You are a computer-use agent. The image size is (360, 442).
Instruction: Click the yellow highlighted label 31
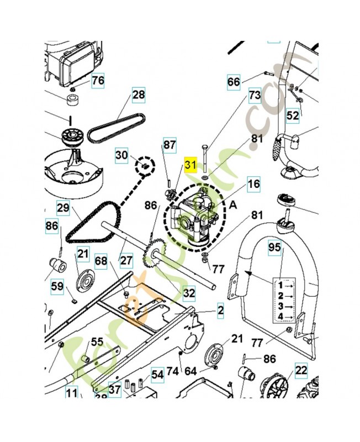point(190,165)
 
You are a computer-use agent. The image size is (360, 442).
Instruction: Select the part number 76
point(98,81)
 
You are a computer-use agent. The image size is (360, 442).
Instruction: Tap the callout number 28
point(139,95)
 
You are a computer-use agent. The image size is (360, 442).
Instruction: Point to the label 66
point(234,82)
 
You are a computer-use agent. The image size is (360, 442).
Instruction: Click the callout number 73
point(254,96)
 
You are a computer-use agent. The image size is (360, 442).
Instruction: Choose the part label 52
point(293,115)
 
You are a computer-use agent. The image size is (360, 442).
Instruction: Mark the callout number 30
point(121,155)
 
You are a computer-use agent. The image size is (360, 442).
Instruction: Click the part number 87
point(170,146)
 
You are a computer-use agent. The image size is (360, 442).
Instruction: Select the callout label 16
point(253,185)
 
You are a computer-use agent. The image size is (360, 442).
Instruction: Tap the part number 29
point(63,208)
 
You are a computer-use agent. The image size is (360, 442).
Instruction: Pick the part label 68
point(101,260)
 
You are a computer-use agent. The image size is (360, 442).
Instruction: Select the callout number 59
point(57,287)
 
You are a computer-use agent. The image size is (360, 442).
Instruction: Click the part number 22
point(301,370)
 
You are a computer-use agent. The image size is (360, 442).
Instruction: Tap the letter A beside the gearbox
point(232,204)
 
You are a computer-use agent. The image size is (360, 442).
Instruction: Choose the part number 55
point(97,342)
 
